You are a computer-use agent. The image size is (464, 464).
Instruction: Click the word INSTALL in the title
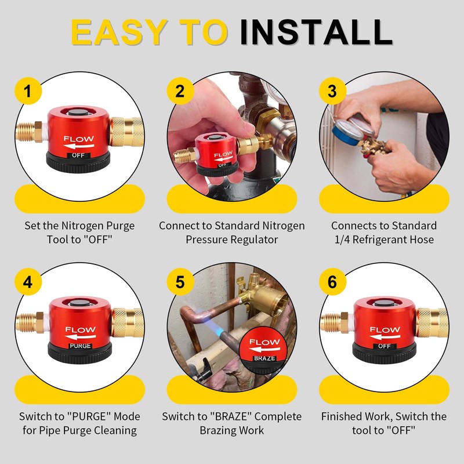(316, 32)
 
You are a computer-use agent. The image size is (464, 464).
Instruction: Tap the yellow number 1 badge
(28, 91)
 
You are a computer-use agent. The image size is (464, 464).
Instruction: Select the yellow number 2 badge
(180, 91)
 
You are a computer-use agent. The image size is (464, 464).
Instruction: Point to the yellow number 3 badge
(332, 91)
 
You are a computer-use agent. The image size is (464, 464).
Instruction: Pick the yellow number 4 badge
(28, 282)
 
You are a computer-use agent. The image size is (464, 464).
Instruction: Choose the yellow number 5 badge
(180, 282)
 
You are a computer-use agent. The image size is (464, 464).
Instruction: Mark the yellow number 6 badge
(332, 282)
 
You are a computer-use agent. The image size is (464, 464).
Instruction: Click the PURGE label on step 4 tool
(80, 346)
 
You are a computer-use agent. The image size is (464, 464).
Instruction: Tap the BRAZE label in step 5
(264, 358)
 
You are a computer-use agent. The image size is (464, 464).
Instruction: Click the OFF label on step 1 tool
(78, 155)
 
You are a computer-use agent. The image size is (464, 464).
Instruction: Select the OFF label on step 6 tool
(385, 346)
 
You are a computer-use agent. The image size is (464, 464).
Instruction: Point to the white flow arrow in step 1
(79, 146)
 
